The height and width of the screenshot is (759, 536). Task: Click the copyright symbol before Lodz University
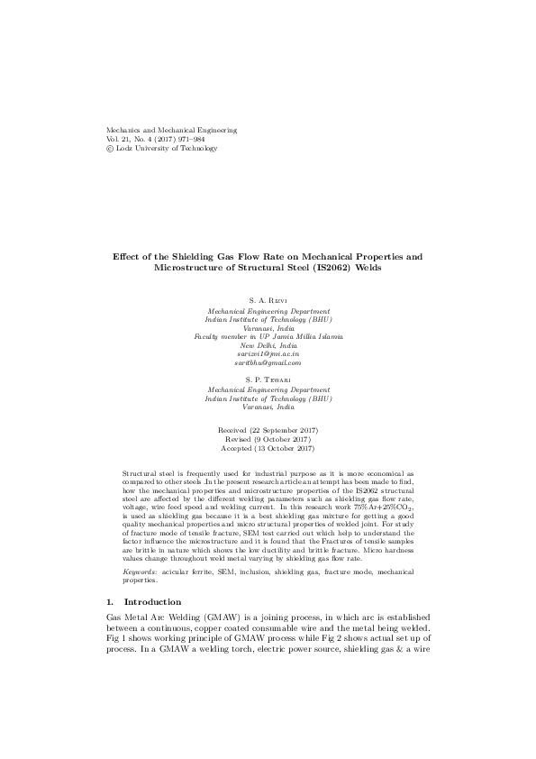tap(110, 149)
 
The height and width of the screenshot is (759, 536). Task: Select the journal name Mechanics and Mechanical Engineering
tap(172, 131)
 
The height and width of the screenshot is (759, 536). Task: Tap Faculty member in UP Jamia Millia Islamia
tap(268, 336)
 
